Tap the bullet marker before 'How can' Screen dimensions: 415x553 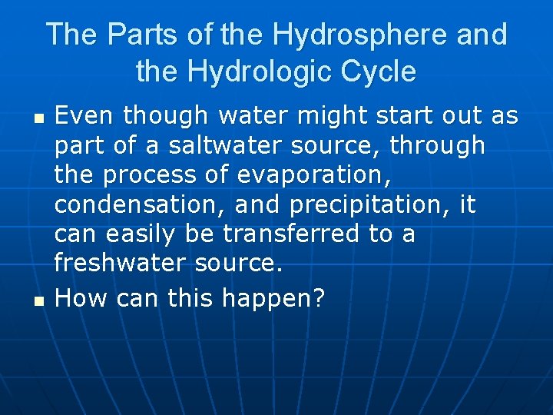(x=40, y=299)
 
